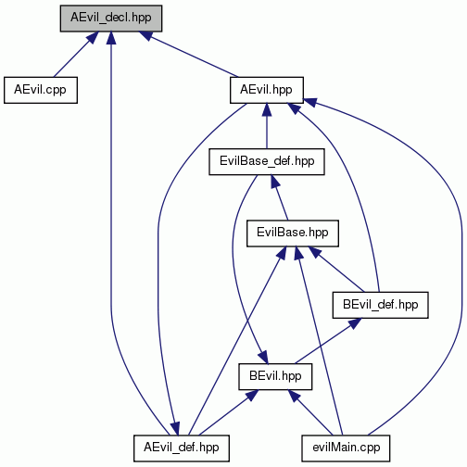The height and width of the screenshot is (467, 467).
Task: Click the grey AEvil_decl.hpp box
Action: click(x=111, y=19)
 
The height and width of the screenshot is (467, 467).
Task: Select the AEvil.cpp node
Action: click(x=41, y=90)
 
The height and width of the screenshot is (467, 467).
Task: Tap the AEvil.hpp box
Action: click(x=267, y=90)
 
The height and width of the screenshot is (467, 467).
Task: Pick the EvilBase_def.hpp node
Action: click(x=267, y=161)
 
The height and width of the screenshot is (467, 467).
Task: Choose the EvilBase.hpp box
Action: click(x=293, y=233)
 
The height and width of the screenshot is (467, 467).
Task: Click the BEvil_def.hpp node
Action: click(x=380, y=305)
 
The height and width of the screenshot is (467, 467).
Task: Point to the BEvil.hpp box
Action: click(x=275, y=376)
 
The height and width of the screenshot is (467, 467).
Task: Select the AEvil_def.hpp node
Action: click(x=182, y=448)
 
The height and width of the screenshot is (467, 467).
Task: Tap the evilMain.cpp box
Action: click(x=346, y=448)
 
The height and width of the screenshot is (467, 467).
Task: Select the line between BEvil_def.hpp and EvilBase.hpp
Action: click(x=337, y=270)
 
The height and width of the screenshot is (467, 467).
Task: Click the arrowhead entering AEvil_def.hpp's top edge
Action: click(x=175, y=429)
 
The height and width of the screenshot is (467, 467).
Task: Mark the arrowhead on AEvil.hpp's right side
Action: click(x=310, y=102)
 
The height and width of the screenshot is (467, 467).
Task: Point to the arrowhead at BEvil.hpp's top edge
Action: click(x=263, y=357)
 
